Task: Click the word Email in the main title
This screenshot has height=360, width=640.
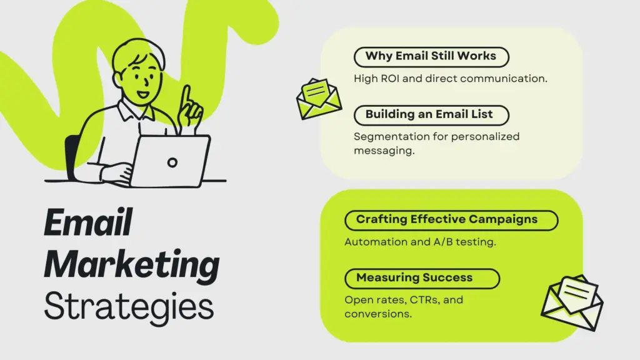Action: [88, 222]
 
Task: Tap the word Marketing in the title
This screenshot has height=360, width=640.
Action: [131, 265]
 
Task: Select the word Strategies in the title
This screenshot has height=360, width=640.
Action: [129, 307]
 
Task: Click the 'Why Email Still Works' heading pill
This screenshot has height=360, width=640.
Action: [431, 57]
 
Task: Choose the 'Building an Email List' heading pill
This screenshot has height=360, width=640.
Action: [431, 115]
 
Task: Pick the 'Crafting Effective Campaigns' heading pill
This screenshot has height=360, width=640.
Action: [451, 221]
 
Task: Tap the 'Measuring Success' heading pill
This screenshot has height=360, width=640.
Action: [422, 278]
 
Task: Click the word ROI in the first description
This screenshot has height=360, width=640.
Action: [390, 78]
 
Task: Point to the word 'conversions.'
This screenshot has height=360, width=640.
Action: [378, 314]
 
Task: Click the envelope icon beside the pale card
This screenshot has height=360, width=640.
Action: [319, 99]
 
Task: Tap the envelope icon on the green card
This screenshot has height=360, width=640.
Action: [572, 302]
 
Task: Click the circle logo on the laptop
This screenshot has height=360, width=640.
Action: [172, 162]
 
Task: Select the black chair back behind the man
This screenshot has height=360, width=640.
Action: [72, 157]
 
